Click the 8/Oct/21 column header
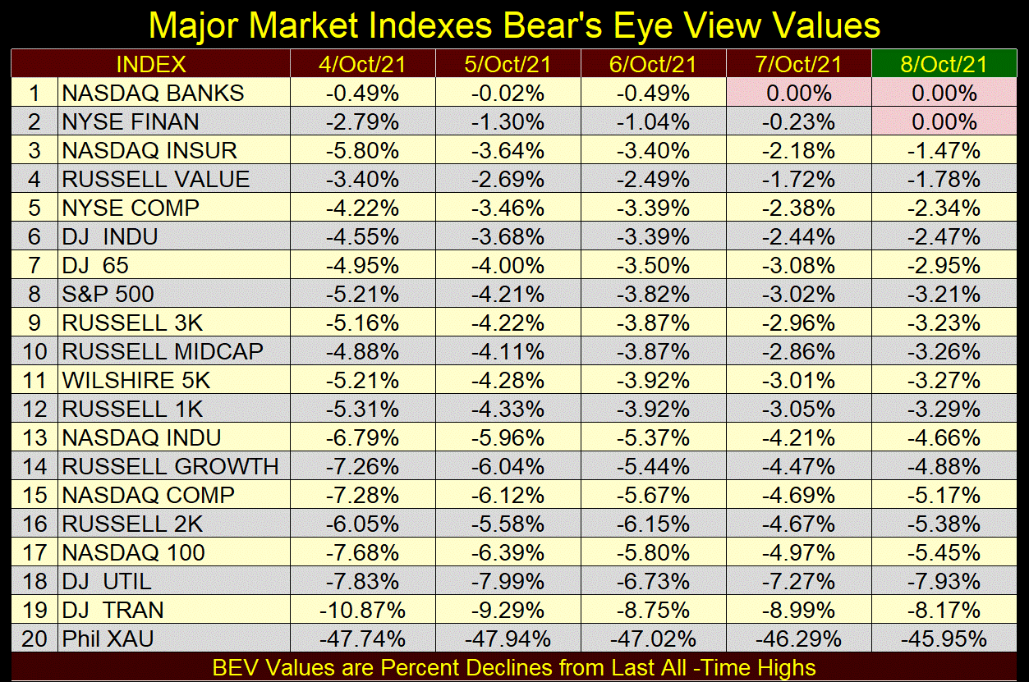[944, 64]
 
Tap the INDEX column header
[151, 64]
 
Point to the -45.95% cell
[944, 639]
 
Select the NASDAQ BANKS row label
[153, 93]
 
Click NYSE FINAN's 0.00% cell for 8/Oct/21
[944, 122]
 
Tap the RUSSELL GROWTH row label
[171, 467]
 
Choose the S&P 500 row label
[108, 295]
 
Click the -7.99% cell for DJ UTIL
[508, 582]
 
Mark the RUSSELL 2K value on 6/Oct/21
[653, 524]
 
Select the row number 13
[34, 438]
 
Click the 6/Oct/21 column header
[653, 64]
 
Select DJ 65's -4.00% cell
[508, 266]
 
